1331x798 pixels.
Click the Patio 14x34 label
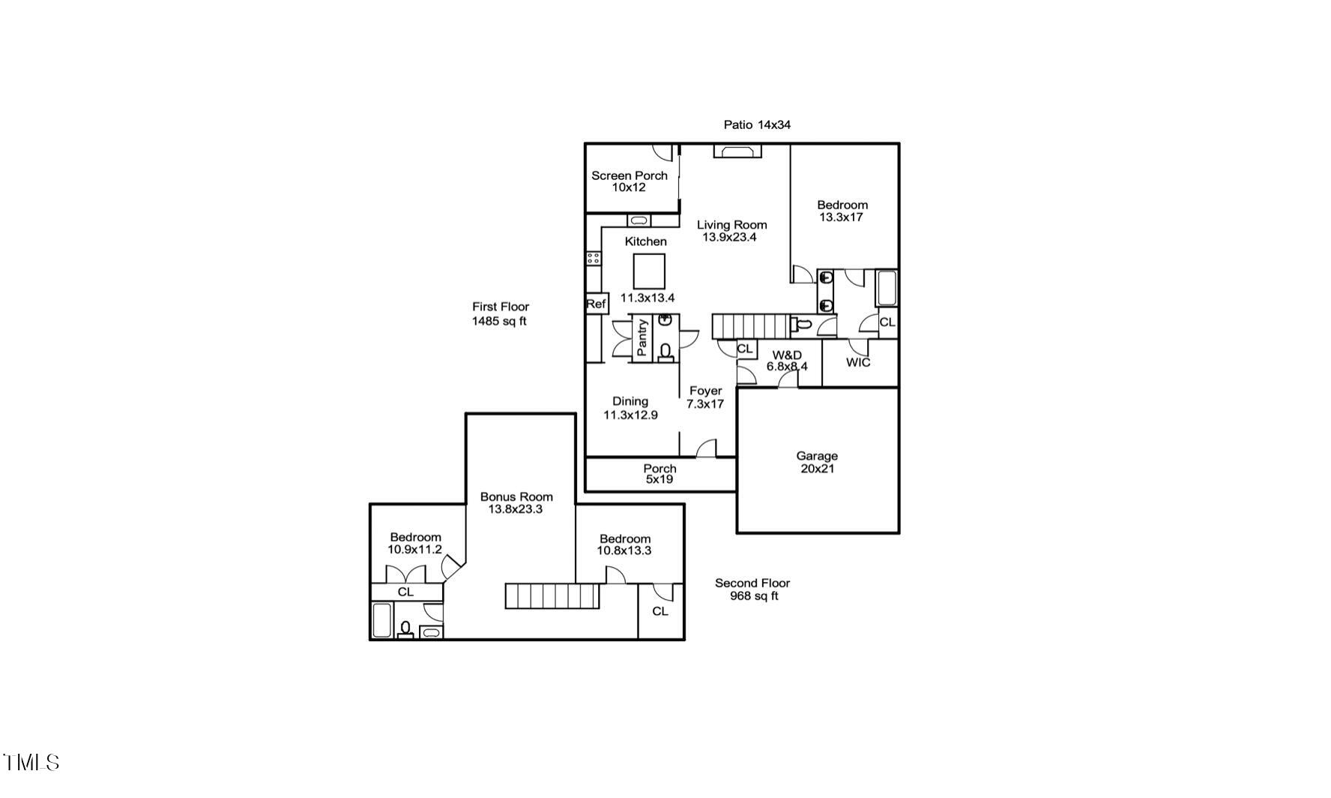click(x=756, y=124)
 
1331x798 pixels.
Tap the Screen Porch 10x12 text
click(x=629, y=181)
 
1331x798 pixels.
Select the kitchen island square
click(x=649, y=271)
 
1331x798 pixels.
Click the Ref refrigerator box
click(x=596, y=304)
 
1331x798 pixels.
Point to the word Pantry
click(x=642, y=337)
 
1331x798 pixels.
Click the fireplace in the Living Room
click(x=737, y=151)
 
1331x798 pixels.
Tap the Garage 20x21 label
click(x=817, y=462)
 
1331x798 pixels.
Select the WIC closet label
click(x=858, y=362)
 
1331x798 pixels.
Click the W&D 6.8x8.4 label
click(x=787, y=361)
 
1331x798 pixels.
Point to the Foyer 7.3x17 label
click(x=705, y=397)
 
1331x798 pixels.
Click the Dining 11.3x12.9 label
click(x=630, y=408)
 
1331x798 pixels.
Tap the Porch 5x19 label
click(x=660, y=474)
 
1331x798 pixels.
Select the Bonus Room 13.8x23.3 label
click(x=516, y=502)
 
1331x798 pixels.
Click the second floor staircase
click(x=552, y=596)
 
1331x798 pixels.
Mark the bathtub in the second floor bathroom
click(x=381, y=619)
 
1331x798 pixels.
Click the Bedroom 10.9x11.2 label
click(x=415, y=543)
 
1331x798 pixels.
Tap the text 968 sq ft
click(x=754, y=596)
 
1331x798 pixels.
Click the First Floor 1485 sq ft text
click(x=500, y=313)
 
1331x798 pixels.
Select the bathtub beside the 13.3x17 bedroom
click(x=887, y=289)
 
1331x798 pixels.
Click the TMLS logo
click(x=31, y=763)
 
